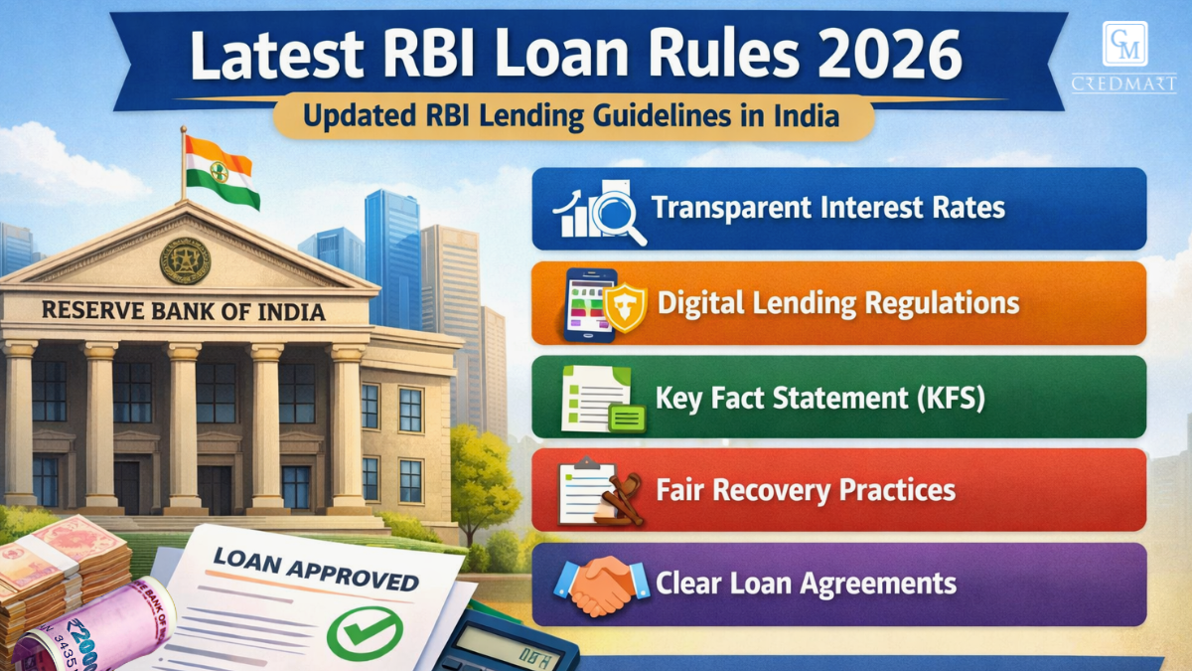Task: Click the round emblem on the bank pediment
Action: (185, 259)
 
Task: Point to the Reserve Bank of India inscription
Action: (184, 311)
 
